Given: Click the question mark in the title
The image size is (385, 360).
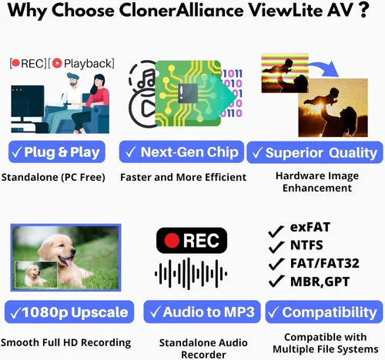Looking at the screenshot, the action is (363, 10).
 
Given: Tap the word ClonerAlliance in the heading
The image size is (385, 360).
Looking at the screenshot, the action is (181, 10).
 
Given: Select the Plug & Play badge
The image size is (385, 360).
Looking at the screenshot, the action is (57, 152).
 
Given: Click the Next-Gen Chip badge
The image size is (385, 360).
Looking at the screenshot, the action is (182, 152).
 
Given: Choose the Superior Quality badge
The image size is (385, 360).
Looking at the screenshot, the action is (315, 152).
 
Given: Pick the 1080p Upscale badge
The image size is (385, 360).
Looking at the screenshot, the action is (69, 312).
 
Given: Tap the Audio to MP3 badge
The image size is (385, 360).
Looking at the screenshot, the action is (202, 312).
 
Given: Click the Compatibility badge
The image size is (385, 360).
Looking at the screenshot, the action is (324, 312).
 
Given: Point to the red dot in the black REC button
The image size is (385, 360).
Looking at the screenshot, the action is (172, 241).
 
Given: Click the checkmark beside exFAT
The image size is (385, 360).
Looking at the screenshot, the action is (276, 232).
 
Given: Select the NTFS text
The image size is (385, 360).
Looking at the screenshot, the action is (306, 245).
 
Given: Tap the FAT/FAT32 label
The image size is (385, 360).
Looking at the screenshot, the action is (325, 263).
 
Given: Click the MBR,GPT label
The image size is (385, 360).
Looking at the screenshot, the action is (320, 282).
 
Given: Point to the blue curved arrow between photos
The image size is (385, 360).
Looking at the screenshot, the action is (323, 67).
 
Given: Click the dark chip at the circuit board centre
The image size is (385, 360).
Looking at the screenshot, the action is (188, 93).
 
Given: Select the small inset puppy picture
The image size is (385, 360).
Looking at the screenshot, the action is (36, 275).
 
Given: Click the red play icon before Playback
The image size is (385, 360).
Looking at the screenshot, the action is (57, 63).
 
